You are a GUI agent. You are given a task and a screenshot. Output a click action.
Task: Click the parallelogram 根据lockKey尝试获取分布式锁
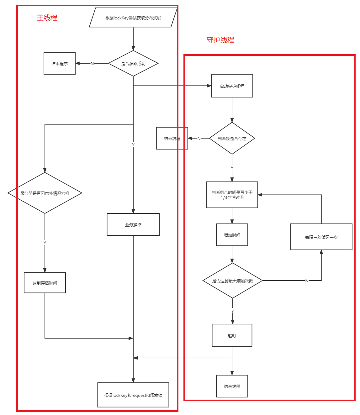pyautogui.click(x=133, y=18)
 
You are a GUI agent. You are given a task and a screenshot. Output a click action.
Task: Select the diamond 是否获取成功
pyautogui.click(x=133, y=63)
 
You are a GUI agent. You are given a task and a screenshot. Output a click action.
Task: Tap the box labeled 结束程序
pyautogui.click(x=60, y=63)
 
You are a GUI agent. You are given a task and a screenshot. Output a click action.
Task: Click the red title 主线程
pyautogui.click(x=47, y=18)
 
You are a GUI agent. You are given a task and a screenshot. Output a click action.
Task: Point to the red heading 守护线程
pyautogui.click(x=220, y=40)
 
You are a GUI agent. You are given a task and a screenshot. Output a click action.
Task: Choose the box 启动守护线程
pyautogui.click(x=232, y=86)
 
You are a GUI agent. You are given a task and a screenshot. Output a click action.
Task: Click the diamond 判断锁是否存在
pyautogui.click(x=232, y=138)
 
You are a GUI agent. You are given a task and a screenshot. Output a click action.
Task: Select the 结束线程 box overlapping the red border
pyautogui.click(x=172, y=138)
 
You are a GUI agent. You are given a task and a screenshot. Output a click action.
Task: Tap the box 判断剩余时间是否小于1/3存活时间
pyautogui.click(x=232, y=195)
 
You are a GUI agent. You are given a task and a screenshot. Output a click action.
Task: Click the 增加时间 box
pyautogui.click(x=232, y=235)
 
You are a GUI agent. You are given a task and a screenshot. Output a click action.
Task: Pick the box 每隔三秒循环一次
pyautogui.click(x=321, y=237)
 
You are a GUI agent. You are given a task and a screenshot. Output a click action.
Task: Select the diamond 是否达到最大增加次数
pyautogui.click(x=232, y=281)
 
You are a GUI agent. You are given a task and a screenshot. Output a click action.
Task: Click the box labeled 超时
pyautogui.click(x=232, y=335)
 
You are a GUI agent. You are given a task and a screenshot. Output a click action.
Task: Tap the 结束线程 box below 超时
pyautogui.click(x=232, y=386)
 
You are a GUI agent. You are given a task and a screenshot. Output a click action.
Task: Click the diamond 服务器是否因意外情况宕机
pyautogui.click(x=45, y=193)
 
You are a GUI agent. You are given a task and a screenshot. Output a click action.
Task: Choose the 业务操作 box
pyautogui.click(x=133, y=224)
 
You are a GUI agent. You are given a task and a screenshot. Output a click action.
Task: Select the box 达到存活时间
pyautogui.click(x=45, y=283)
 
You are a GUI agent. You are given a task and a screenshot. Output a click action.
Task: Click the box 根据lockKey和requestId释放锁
pyautogui.click(x=133, y=395)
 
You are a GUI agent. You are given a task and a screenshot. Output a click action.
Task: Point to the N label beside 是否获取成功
pyautogui.click(x=92, y=64)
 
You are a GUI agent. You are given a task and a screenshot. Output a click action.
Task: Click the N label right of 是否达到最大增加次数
pyautogui.click(x=307, y=281)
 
